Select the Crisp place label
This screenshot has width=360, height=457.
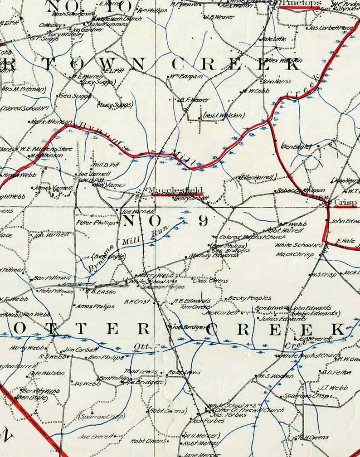click(346, 203)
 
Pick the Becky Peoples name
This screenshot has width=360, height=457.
click(250, 298)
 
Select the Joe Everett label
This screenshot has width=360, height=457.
click(97, 436)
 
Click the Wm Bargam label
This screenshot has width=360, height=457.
click(186, 76)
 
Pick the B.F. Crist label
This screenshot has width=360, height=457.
click(136, 301)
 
